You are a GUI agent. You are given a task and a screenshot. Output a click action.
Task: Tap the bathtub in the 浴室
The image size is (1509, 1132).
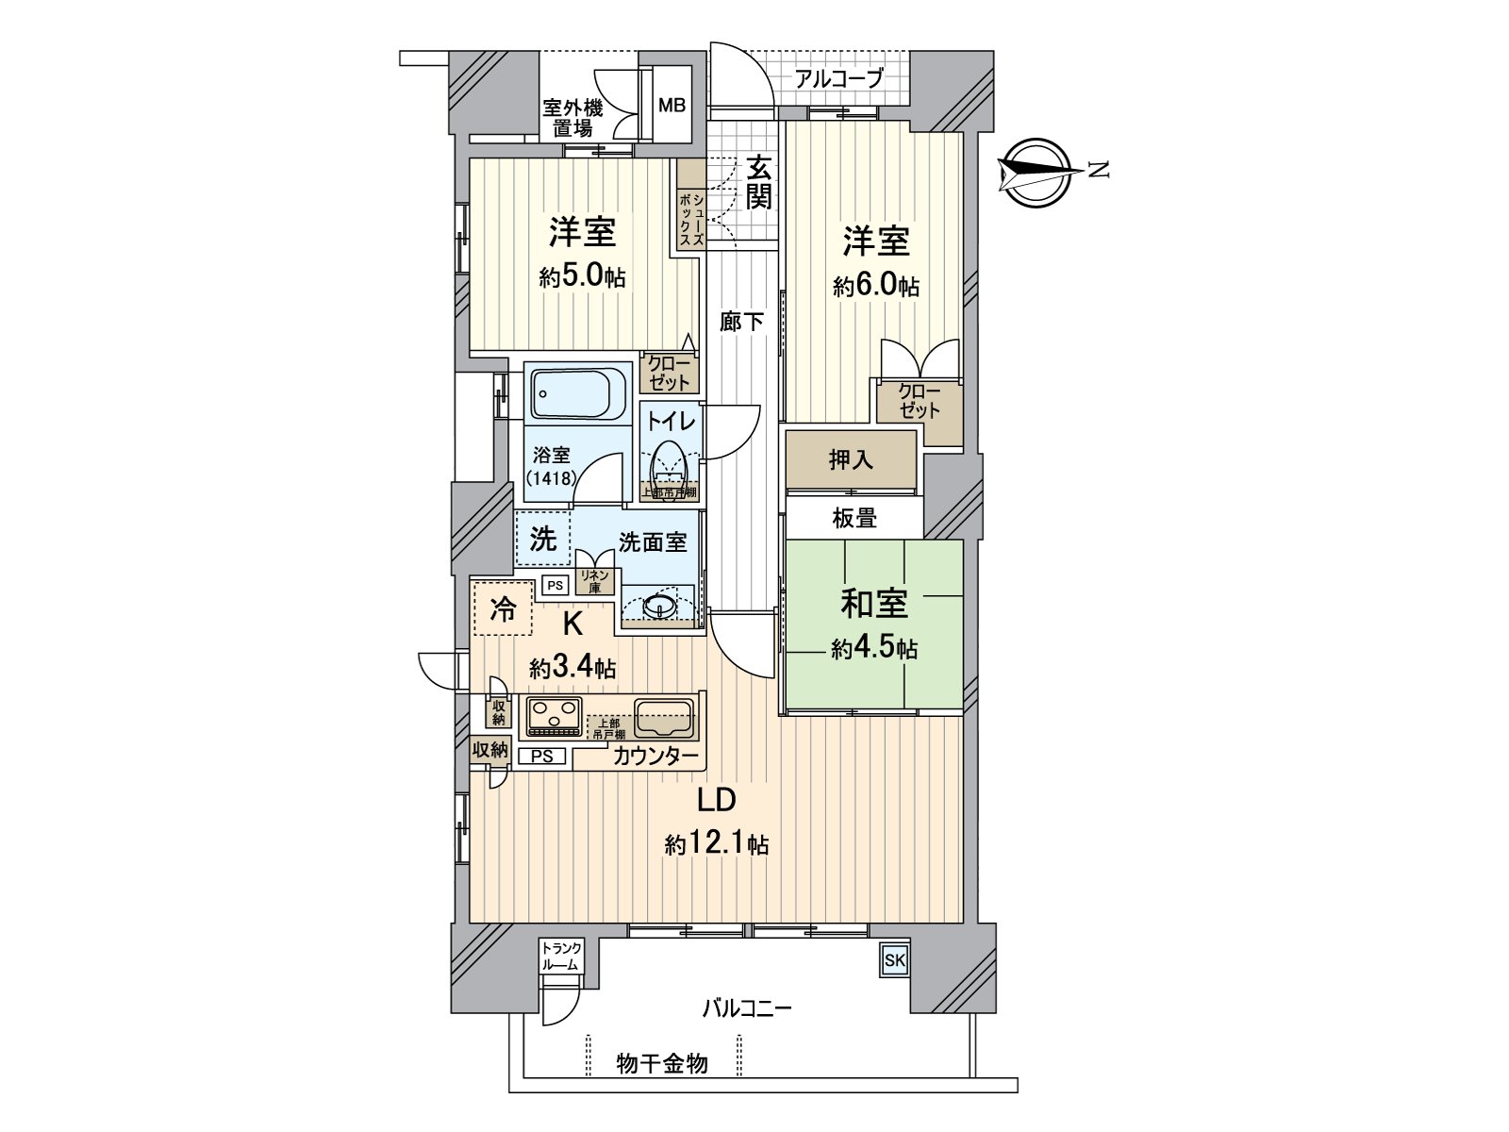(577, 393)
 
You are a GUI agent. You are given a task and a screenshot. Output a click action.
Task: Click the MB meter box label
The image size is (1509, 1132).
(672, 105)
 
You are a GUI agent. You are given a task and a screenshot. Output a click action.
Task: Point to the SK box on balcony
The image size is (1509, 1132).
(893, 961)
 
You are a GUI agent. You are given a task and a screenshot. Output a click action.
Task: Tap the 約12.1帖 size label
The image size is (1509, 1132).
(717, 843)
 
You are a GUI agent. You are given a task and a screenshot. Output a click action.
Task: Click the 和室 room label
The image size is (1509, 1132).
(874, 604)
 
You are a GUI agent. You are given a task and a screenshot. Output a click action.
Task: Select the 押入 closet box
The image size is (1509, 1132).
(851, 460)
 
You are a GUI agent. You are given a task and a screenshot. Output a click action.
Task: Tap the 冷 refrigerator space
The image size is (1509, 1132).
(503, 609)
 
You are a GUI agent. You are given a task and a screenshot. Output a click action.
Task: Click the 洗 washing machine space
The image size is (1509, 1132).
(542, 540)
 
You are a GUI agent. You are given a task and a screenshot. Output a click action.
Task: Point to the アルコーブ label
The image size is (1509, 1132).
(838, 78)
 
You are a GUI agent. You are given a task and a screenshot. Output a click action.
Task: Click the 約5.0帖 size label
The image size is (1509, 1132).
(582, 276)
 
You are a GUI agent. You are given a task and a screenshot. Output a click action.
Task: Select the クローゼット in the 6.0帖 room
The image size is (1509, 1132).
(918, 402)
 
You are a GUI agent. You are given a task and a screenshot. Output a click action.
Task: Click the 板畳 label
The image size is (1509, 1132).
(854, 517)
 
